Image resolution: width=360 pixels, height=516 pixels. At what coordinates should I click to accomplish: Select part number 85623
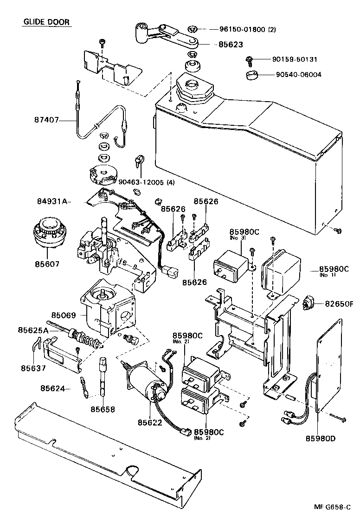[x=231, y=45]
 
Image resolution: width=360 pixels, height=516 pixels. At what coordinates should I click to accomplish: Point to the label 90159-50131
[x=295, y=59]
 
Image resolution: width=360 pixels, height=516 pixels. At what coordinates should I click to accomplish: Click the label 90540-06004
[x=298, y=75]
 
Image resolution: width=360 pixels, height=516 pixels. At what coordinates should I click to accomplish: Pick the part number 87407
[x=47, y=120]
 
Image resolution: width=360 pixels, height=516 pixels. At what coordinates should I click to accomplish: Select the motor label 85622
[x=149, y=422]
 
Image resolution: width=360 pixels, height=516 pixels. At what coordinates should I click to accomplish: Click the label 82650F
[x=339, y=304]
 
